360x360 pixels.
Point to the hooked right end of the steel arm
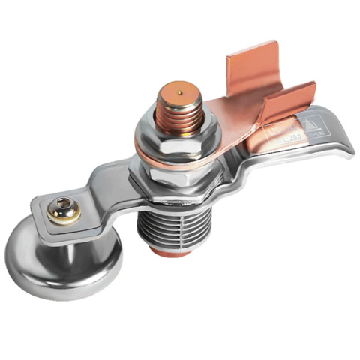point(342,146)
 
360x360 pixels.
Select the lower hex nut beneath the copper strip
point(169,183)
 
